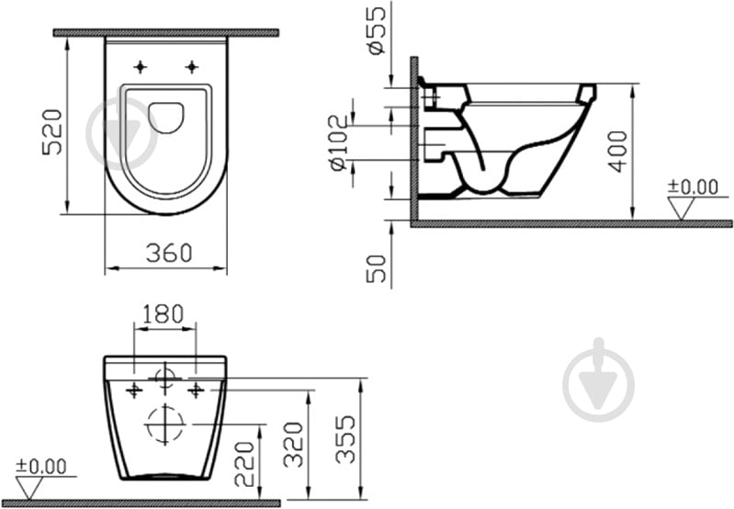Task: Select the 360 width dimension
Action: pyautogui.click(x=168, y=253)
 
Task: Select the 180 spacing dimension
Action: pyautogui.click(x=164, y=313)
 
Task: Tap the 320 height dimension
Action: pyautogui.click(x=293, y=446)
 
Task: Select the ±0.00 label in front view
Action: pyautogui.click(x=41, y=467)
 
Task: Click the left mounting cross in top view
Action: pyautogui.click(x=140, y=66)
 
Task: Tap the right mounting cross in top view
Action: pyautogui.click(x=192, y=66)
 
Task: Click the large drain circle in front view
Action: pyautogui.click(x=165, y=424)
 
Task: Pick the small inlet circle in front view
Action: pyautogui.click(x=165, y=377)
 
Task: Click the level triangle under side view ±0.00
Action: pyautogui.click(x=682, y=209)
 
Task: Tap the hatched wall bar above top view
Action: pyautogui.click(x=165, y=32)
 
